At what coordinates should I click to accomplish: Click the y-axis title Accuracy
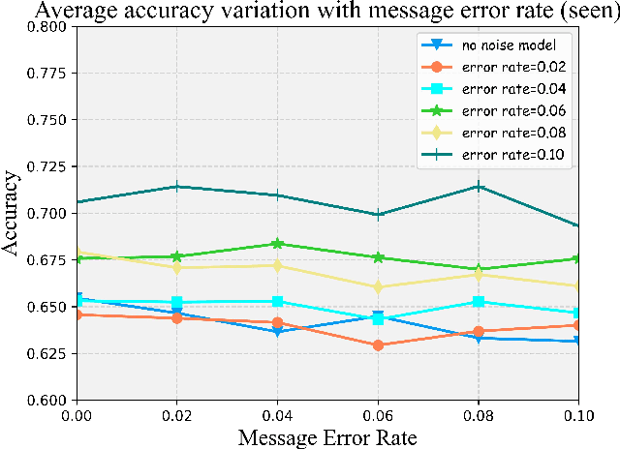click(14, 213)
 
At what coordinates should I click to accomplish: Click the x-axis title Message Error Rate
click(327, 437)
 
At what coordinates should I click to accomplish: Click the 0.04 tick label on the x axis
click(277, 415)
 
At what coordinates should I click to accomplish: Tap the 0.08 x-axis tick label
click(478, 415)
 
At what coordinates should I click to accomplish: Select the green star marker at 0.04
click(277, 244)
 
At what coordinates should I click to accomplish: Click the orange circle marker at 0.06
click(378, 345)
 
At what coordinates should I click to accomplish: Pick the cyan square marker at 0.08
click(478, 302)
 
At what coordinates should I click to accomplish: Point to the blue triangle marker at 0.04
click(277, 332)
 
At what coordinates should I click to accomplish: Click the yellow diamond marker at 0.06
click(378, 287)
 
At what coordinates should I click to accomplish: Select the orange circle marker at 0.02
click(176, 318)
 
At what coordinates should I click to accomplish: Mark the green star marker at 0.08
click(478, 269)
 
